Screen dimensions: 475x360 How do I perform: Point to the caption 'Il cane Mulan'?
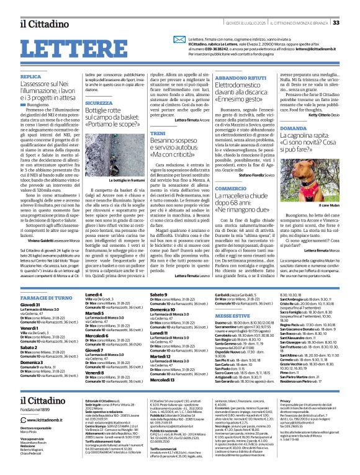[325, 205]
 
